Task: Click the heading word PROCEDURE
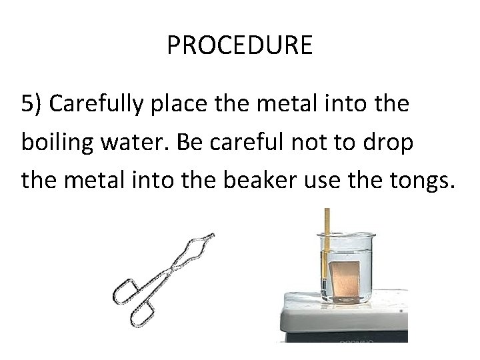pos(239,45)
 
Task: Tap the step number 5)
pos(33,105)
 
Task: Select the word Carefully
pos(99,105)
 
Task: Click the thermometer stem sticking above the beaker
pos(327,220)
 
